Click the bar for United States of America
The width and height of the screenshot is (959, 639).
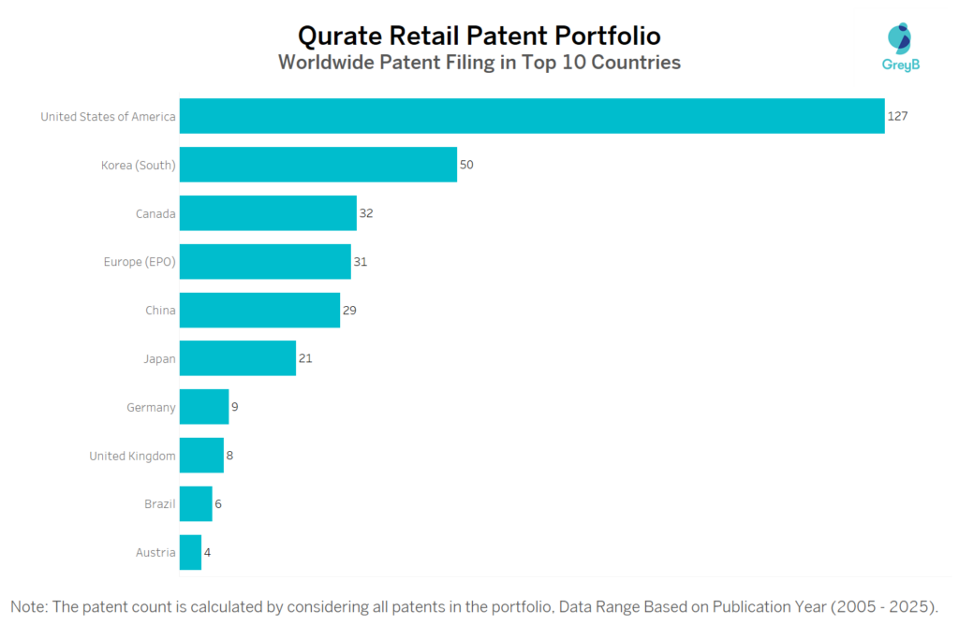pyautogui.click(x=532, y=116)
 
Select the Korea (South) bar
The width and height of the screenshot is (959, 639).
pyautogui.click(x=318, y=165)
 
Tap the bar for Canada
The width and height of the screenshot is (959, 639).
pyautogui.click(x=268, y=213)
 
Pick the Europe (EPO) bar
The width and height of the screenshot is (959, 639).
pyautogui.click(x=265, y=262)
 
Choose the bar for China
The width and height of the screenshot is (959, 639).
pyautogui.click(x=259, y=310)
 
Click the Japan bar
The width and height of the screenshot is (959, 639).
pyautogui.click(x=238, y=358)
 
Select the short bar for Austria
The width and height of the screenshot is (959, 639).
pyautogui.click(x=190, y=552)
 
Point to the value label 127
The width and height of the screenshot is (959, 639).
pyautogui.click(x=897, y=116)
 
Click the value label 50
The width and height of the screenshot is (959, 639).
pyautogui.click(x=466, y=165)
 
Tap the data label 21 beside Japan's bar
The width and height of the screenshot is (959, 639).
pyautogui.click(x=306, y=358)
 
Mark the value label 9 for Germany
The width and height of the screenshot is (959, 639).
pyautogui.click(x=235, y=407)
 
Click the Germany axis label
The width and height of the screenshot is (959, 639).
pyautogui.click(x=151, y=407)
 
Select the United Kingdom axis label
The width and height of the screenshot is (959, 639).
pyautogui.click(x=132, y=456)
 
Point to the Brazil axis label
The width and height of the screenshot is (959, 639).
pyautogui.click(x=159, y=504)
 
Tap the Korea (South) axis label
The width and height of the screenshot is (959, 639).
pyautogui.click(x=139, y=165)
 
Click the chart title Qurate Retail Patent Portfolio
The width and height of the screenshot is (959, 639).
pyautogui.click(x=479, y=36)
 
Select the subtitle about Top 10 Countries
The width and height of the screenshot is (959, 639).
pyautogui.click(x=479, y=64)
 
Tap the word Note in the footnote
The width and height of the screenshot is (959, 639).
pyautogui.click(x=29, y=607)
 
